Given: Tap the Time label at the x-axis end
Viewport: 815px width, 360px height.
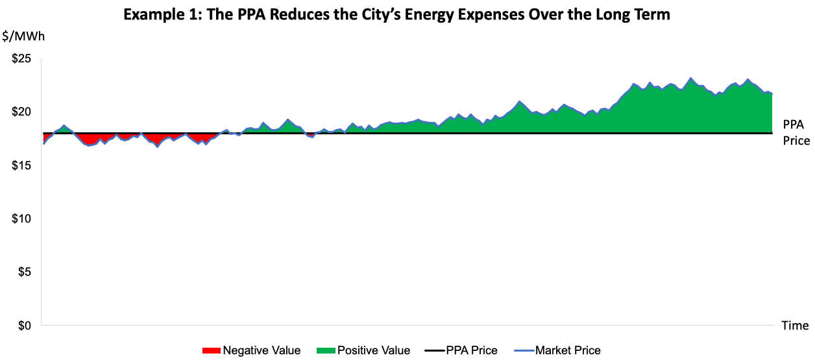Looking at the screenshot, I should (x=795, y=325).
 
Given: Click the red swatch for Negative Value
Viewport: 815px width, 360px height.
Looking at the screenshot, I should (x=211, y=351).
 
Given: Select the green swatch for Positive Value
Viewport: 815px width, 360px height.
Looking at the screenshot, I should (x=325, y=351).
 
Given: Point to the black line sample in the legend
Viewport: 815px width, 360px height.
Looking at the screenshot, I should (x=433, y=351).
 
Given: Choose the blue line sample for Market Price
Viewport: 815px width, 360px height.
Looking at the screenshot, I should (x=523, y=351).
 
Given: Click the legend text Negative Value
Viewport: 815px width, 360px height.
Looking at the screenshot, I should (x=262, y=351).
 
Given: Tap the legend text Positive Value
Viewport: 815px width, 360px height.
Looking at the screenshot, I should (x=373, y=351).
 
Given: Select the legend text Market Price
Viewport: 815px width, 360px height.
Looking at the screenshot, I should (x=568, y=351).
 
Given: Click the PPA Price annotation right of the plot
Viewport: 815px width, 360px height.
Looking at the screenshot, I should (x=796, y=132).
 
